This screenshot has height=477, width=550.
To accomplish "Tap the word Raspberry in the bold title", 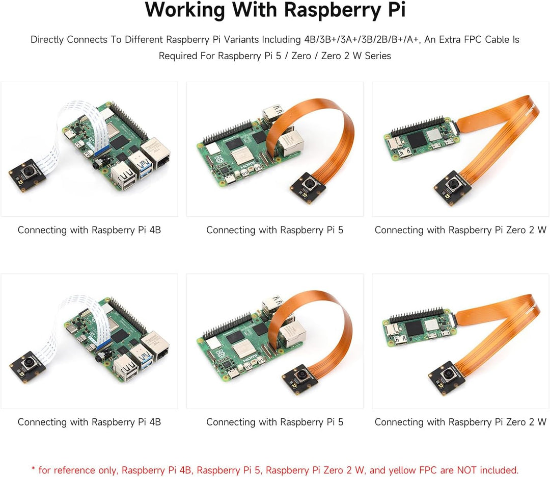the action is [x=333, y=11].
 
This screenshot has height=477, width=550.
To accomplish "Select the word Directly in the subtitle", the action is [x=46, y=39].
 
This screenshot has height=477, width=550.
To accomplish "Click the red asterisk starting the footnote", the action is [x=33, y=468].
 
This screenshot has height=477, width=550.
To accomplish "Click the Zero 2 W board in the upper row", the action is [x=419, y=138].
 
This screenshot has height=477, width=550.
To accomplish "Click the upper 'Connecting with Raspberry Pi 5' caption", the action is [x=274, y=230].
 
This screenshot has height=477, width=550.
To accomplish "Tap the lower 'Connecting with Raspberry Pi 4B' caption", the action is [x=89, y=422].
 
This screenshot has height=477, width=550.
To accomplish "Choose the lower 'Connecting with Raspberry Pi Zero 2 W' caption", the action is [x=460, y=422].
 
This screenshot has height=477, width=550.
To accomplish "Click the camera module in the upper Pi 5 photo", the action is [x=308, y=187].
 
